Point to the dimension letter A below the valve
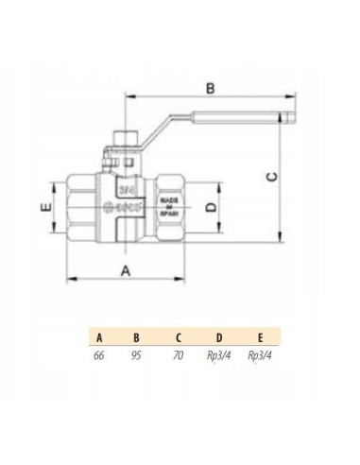click(x=126, y=270)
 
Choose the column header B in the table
click(x=137, y=336)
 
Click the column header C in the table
click(x=178, y=336)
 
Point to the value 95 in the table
click(x=137, y=356)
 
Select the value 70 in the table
click(x=178, y=356)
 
